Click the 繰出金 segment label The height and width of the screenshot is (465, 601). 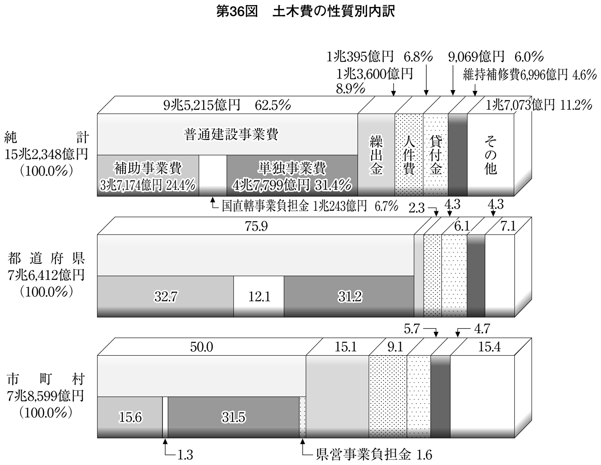pyautogui.click(x=376, y=155)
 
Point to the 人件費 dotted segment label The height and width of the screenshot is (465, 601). pyautogui.click(x=409, y=155)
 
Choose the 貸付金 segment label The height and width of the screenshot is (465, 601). pyautogui.click(x=435, y=155)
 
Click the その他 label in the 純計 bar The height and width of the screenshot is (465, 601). pyautogui.click(x=490, y=155)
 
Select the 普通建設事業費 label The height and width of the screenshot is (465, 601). pyautogui.click(x=231, y=134)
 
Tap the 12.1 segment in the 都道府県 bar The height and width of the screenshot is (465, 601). pyautogui.click(x=259, y=296)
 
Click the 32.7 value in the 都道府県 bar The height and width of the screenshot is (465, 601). pyautogui.click(x=166, y=296)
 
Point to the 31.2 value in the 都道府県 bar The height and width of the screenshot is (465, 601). pyautogui.click(x=349, y=296)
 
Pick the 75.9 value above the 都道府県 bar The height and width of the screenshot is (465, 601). pyautogui.click(x=256, y=226)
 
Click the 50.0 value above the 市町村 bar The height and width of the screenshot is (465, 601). pyautogui.click(x=201, y=347)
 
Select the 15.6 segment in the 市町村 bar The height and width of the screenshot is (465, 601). pyautogui.click(x=130, y=417)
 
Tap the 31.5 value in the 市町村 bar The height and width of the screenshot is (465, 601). pyautogui.click(x=234, y=417)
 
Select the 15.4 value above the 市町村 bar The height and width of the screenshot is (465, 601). pyautogui.click(x=489, y=347)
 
